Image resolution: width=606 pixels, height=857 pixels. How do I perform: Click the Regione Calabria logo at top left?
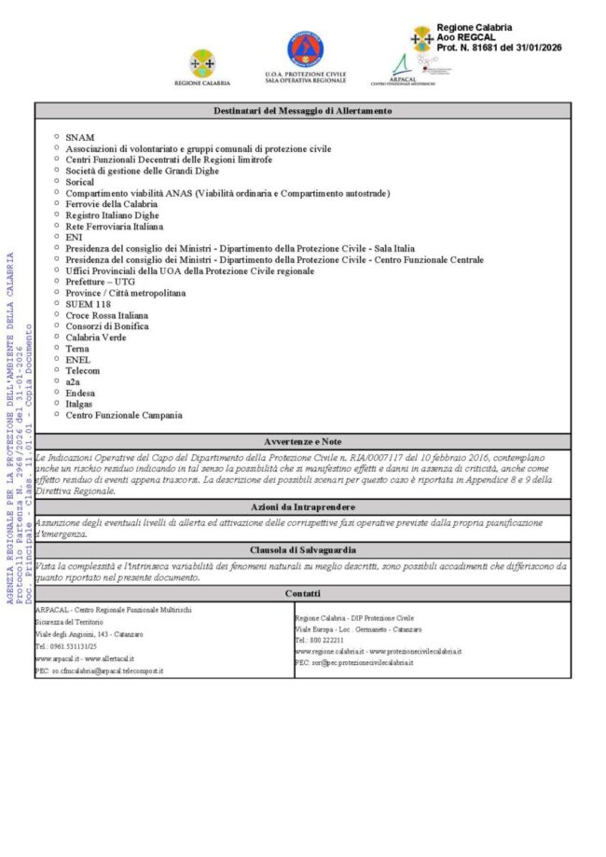202,62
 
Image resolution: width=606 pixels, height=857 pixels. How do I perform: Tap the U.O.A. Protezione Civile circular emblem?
305,48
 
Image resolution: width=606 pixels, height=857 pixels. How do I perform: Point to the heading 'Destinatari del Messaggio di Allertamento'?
302,111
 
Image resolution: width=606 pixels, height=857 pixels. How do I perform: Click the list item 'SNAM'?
79,137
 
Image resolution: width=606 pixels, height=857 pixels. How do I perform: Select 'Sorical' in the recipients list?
80,182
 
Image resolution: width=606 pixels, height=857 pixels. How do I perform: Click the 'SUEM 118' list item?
88,304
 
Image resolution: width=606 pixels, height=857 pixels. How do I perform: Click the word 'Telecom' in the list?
83,370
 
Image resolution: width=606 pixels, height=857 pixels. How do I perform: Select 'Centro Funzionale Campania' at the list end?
124,415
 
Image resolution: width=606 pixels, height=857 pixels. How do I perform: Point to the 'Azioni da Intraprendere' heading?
302,505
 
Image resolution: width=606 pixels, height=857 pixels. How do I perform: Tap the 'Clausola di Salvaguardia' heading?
302,550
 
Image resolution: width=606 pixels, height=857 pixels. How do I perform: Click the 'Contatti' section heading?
302,593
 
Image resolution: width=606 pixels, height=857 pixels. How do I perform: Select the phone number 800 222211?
325,641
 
